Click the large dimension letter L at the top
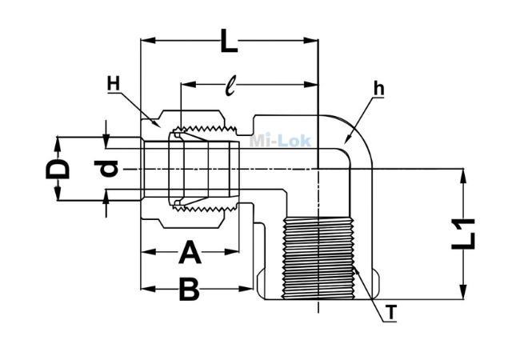click(x=229, y=41)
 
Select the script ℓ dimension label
click(x=230, y=86)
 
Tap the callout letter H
click(x=113, y=83)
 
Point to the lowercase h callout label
click(x=378, y=89)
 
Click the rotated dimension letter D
click(x=58, y=169)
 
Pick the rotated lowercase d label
click(x=106, y=168)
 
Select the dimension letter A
click(x=190, y=252)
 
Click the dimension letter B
click(x=189, y=289)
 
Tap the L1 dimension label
click(x=464, y=234)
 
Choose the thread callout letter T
click(x=392, y=313)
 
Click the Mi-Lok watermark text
click(x=280, y=141)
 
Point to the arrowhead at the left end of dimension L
click(x=148, y=41)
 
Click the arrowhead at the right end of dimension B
click(x=246, y=289)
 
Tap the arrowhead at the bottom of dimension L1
click(x=464, y=292)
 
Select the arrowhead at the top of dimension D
click(x=58, y=144)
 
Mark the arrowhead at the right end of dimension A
click(x=232, y=252)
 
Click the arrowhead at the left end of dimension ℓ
click(x=188, y=85)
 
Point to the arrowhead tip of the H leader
click(x=160, y=127)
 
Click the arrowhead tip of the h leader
click(x=345, y=143)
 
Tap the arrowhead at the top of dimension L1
click(x=464, y=176)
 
